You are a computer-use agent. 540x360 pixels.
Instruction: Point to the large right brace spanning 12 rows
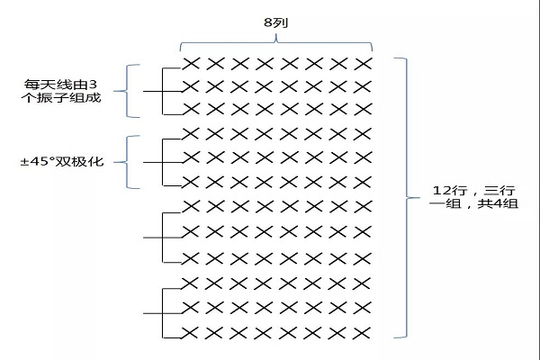(x=409, y=198)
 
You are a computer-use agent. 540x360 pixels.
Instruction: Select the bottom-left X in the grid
(x=192, y=333)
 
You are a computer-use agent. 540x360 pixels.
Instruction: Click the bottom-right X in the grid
(x=363, y=333)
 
